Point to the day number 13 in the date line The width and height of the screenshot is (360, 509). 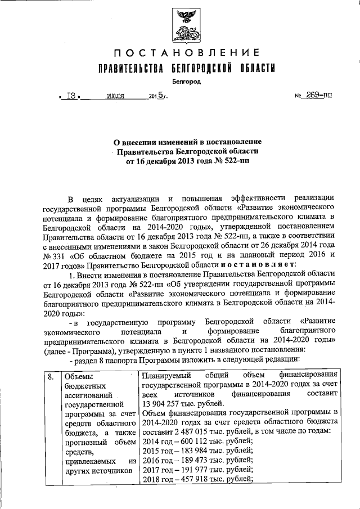tap(71, 96)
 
